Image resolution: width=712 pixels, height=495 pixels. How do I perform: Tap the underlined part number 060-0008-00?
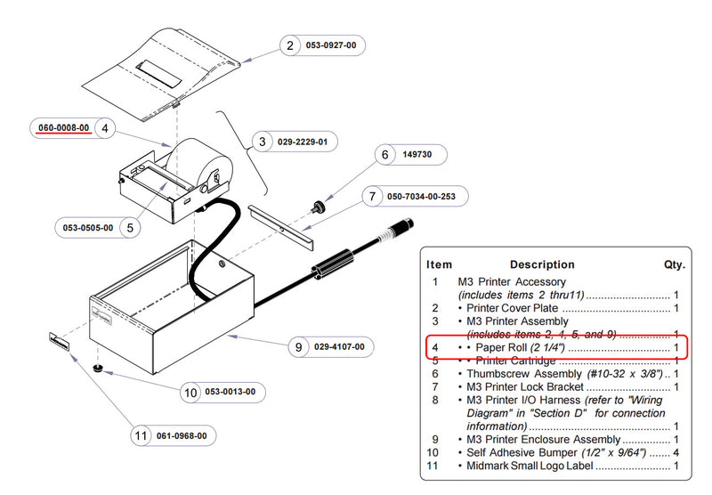(x=63, y=128)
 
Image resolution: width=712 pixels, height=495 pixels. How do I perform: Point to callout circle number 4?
(x=105, y=128)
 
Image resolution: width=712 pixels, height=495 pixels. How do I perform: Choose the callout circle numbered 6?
(x=385, y=155)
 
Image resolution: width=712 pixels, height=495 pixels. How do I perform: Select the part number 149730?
(x=417, y=155)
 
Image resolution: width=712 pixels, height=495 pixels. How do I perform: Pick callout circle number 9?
(x=299, y=347)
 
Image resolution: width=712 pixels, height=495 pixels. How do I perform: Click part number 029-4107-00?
(x=339, y=347)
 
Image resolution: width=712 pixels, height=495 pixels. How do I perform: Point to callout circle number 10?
(x=190, y=392)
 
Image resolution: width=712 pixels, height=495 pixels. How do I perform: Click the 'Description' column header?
(x=541, y=264)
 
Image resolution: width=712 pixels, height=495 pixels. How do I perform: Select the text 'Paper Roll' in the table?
(x=502, y=347)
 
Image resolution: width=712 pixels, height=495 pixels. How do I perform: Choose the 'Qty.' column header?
(x=673, y=264)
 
